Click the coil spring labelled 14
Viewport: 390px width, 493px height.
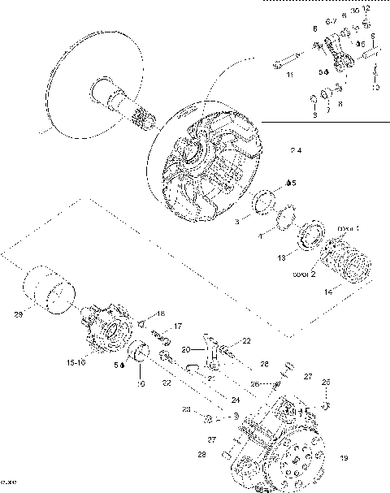[x=350, y=263]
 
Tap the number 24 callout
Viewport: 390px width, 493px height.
[x=214, y=399]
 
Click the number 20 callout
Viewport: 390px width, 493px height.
[x=186, y=349]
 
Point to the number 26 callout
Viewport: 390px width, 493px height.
[x=254, y=384]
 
